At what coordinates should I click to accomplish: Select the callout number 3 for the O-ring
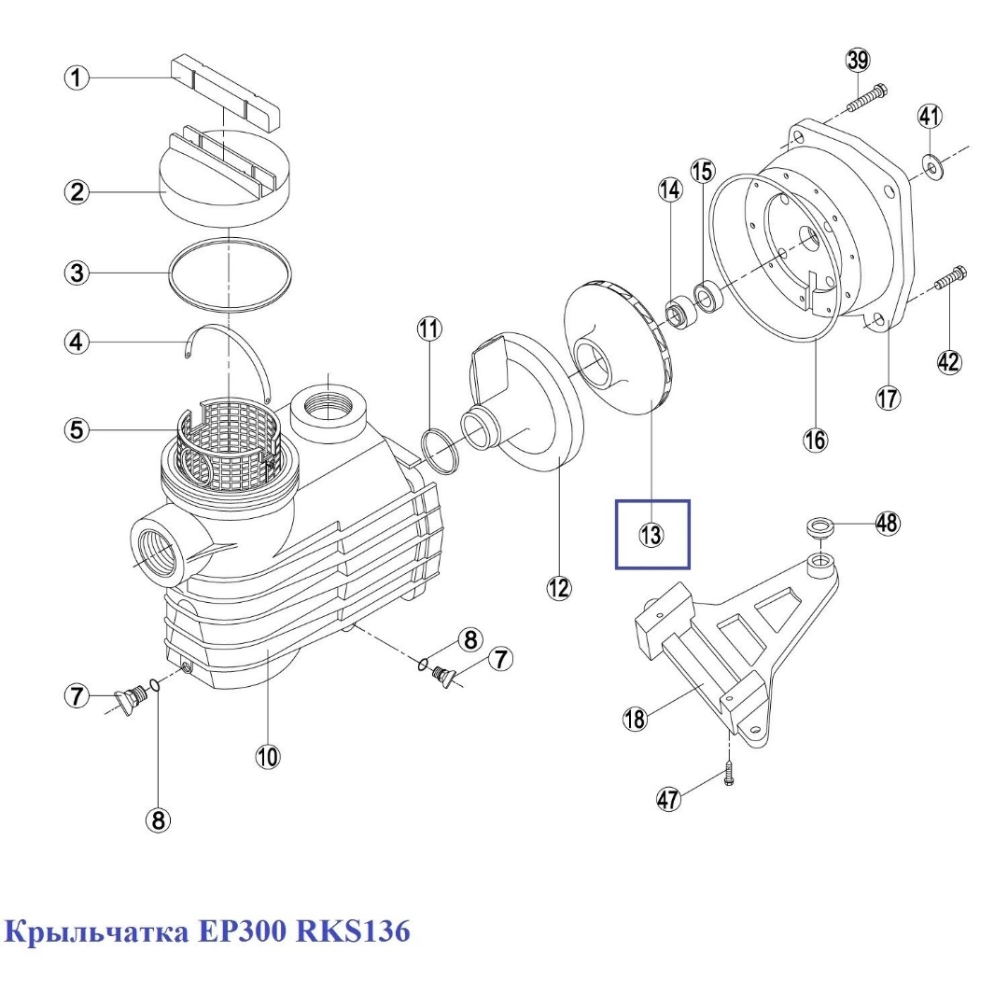point(77,273)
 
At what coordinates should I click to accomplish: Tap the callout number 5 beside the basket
point(77,430)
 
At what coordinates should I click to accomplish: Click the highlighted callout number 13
point(651,535)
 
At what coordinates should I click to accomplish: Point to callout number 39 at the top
point(857,61)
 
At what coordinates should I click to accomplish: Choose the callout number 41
point(930,117)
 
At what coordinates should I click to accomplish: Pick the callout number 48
point(887,524)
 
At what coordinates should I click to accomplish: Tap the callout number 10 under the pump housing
point(268,757)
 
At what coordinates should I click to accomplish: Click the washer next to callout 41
point(931,165)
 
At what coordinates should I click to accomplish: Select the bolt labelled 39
point(868,97)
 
